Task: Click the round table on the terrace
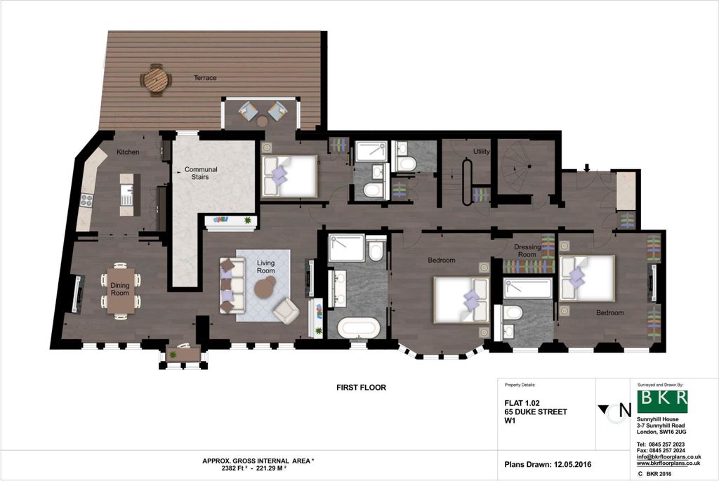click(156, 79)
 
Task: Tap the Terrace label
click(205, 78)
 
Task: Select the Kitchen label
click(128, 152)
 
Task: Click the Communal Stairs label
click(201, 173)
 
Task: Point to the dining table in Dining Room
click(121, 289)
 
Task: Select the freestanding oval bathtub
click(359, 328)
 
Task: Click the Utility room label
click(481, 152)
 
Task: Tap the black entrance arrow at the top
click(587, 168)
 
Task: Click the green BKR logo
click(662, 401)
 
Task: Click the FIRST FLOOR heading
click(361, 387)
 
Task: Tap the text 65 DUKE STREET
click(536, 411)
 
